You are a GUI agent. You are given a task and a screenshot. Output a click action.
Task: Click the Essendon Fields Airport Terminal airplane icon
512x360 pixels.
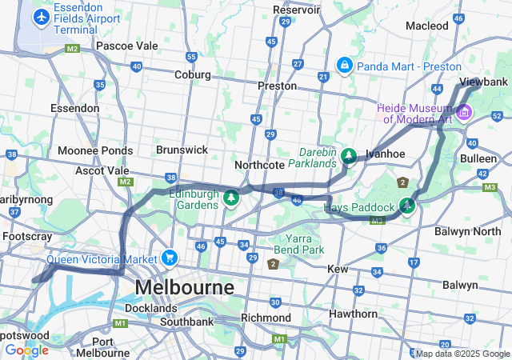[x=39, y=16]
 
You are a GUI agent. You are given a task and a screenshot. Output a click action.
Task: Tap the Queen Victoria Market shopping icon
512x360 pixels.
[x=169, y=258]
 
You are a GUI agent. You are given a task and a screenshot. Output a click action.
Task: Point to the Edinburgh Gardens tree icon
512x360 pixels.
[x=231, y=197]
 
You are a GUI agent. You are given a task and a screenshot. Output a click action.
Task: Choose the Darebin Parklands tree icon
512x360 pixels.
[x=348, y=155]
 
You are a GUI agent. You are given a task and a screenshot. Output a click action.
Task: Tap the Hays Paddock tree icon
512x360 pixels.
[x=408, y=206]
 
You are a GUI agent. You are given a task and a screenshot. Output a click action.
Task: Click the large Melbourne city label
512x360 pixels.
[x=184, y=286]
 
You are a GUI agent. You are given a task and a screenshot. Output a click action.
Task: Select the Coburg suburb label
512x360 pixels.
[x=193, y=74]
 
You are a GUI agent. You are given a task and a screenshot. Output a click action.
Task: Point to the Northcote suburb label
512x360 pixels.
[x=259, y=164]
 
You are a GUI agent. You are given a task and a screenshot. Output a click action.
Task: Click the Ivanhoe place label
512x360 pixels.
[x=386, y=154]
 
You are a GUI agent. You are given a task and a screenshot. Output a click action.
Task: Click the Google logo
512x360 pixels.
[x=26, y=350]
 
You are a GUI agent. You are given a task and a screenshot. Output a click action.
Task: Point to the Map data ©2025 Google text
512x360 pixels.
[x=462, y=354]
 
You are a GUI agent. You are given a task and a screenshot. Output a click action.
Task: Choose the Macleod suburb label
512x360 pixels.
[x=427, y=26]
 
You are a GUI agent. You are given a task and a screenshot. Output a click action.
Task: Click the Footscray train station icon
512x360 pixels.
[x=42, y=237]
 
